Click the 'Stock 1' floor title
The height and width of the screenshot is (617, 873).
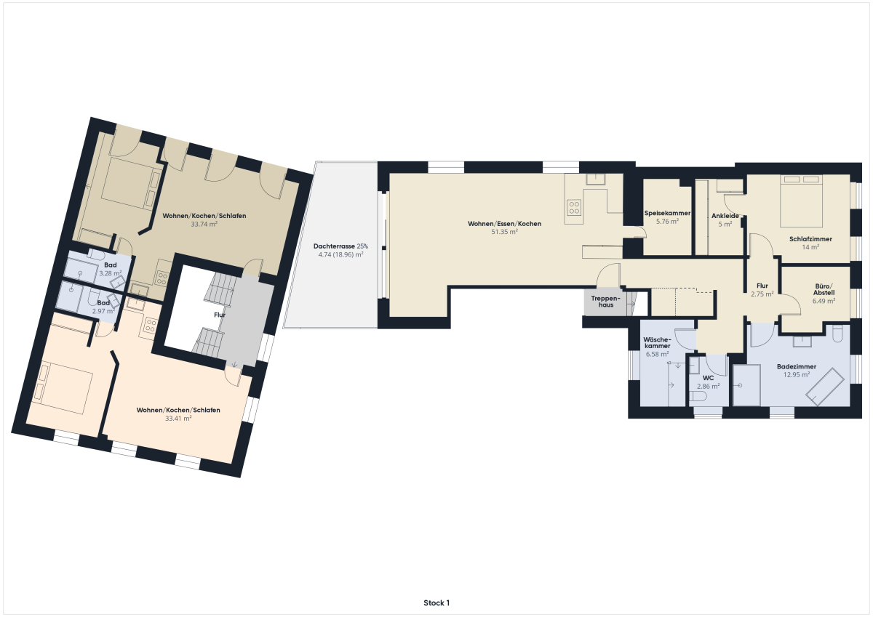pyautogui.click(x=436, y=603)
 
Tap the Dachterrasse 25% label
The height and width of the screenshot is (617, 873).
pyautogui.click(x=340, y=246)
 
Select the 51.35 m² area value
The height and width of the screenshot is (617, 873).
pyautogui.click(x=504, y=232)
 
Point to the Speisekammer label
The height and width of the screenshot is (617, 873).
pyautogui.click(x=667, y=214)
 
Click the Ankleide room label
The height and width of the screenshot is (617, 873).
pyautogui.click(x=725, y=216)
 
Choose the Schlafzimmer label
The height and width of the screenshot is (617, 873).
pyautogui.click(x=810, y=239)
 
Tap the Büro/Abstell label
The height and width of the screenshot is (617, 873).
pyautogui.click(x=824, y=290)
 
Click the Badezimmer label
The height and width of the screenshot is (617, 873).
pyautogui.click(x=797, y=367)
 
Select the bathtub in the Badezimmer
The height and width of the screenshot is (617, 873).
pyautogui.click(x=825, y=387)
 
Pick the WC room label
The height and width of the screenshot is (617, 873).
pyautogui.click(x=708, y=378)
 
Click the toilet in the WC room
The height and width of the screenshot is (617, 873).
pyautogui.click(x=698, y=397)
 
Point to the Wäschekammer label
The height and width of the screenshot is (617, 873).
pyautogui.click(x=657, y=342)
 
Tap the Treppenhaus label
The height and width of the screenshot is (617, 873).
pyautogui.click(x=605, y=302)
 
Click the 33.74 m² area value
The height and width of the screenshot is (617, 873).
pyautogui.click(x=204, y=225)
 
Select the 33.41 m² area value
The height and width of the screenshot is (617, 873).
pyautogui.click(x=178, y=419)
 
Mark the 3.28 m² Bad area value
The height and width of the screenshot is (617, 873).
pyautogui.click(x=111, y=273)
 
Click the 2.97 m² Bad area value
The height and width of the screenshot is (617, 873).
pyautogui.click(x=103, y=311)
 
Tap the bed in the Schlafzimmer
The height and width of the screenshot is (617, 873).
pyautogui.click(x=801, y=201)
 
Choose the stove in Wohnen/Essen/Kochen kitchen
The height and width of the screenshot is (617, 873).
pyautogui.click(x=574, y=206)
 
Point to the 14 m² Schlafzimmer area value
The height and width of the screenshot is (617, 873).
pyautogui.click(x=810, y=247)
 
